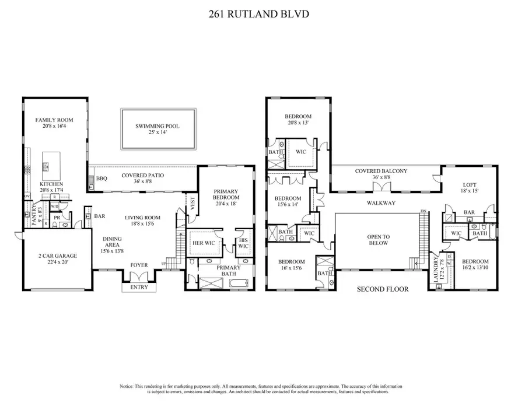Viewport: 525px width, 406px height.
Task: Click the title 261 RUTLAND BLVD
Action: [262, 13]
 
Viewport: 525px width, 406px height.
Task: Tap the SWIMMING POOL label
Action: [157, 126]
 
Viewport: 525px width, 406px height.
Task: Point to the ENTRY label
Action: [139, 287]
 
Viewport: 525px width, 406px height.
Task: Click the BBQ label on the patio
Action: [101, 177]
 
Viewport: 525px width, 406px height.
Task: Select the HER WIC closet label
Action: [204, 245]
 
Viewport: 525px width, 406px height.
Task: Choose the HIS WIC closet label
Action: [243, 242]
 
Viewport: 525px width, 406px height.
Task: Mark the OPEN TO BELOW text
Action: [378, 240]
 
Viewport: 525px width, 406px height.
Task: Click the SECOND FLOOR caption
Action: [382, 289]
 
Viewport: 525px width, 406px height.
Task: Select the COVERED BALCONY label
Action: [381, 171]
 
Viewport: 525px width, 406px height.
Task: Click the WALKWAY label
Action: [381, 203]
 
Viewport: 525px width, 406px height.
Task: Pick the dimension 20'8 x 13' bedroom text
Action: [298, 123]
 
